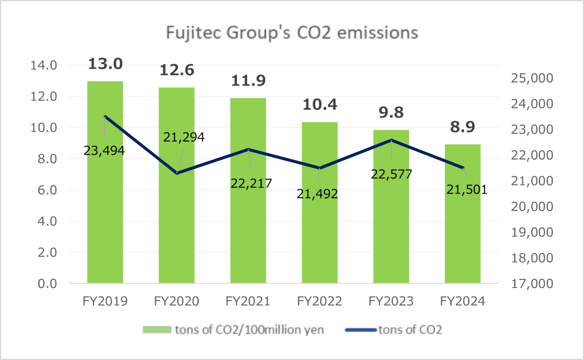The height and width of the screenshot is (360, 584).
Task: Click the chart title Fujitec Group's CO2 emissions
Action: [x=291, y=32]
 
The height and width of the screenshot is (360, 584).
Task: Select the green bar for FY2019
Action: [x=105, y=228]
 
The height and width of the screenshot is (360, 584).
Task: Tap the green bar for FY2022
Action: [x=320, y=240]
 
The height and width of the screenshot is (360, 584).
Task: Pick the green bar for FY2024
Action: [x=462, y=240]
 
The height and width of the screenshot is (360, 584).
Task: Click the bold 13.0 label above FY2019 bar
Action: [x=106, y=64]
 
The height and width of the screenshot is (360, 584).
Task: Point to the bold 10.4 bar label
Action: [x=320, y=105]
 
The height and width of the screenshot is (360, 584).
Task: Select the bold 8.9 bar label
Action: [x=462, y=127]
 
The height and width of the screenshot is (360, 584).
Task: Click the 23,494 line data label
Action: [x=104, y=151]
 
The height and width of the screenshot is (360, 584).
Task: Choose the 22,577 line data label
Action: [x=392, y=175]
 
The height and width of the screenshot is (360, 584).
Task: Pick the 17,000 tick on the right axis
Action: [x=530, y=284]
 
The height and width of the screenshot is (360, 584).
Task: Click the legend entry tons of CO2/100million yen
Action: [x=234, y=329]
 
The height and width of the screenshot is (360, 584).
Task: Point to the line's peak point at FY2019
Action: [x=106, y=117]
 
